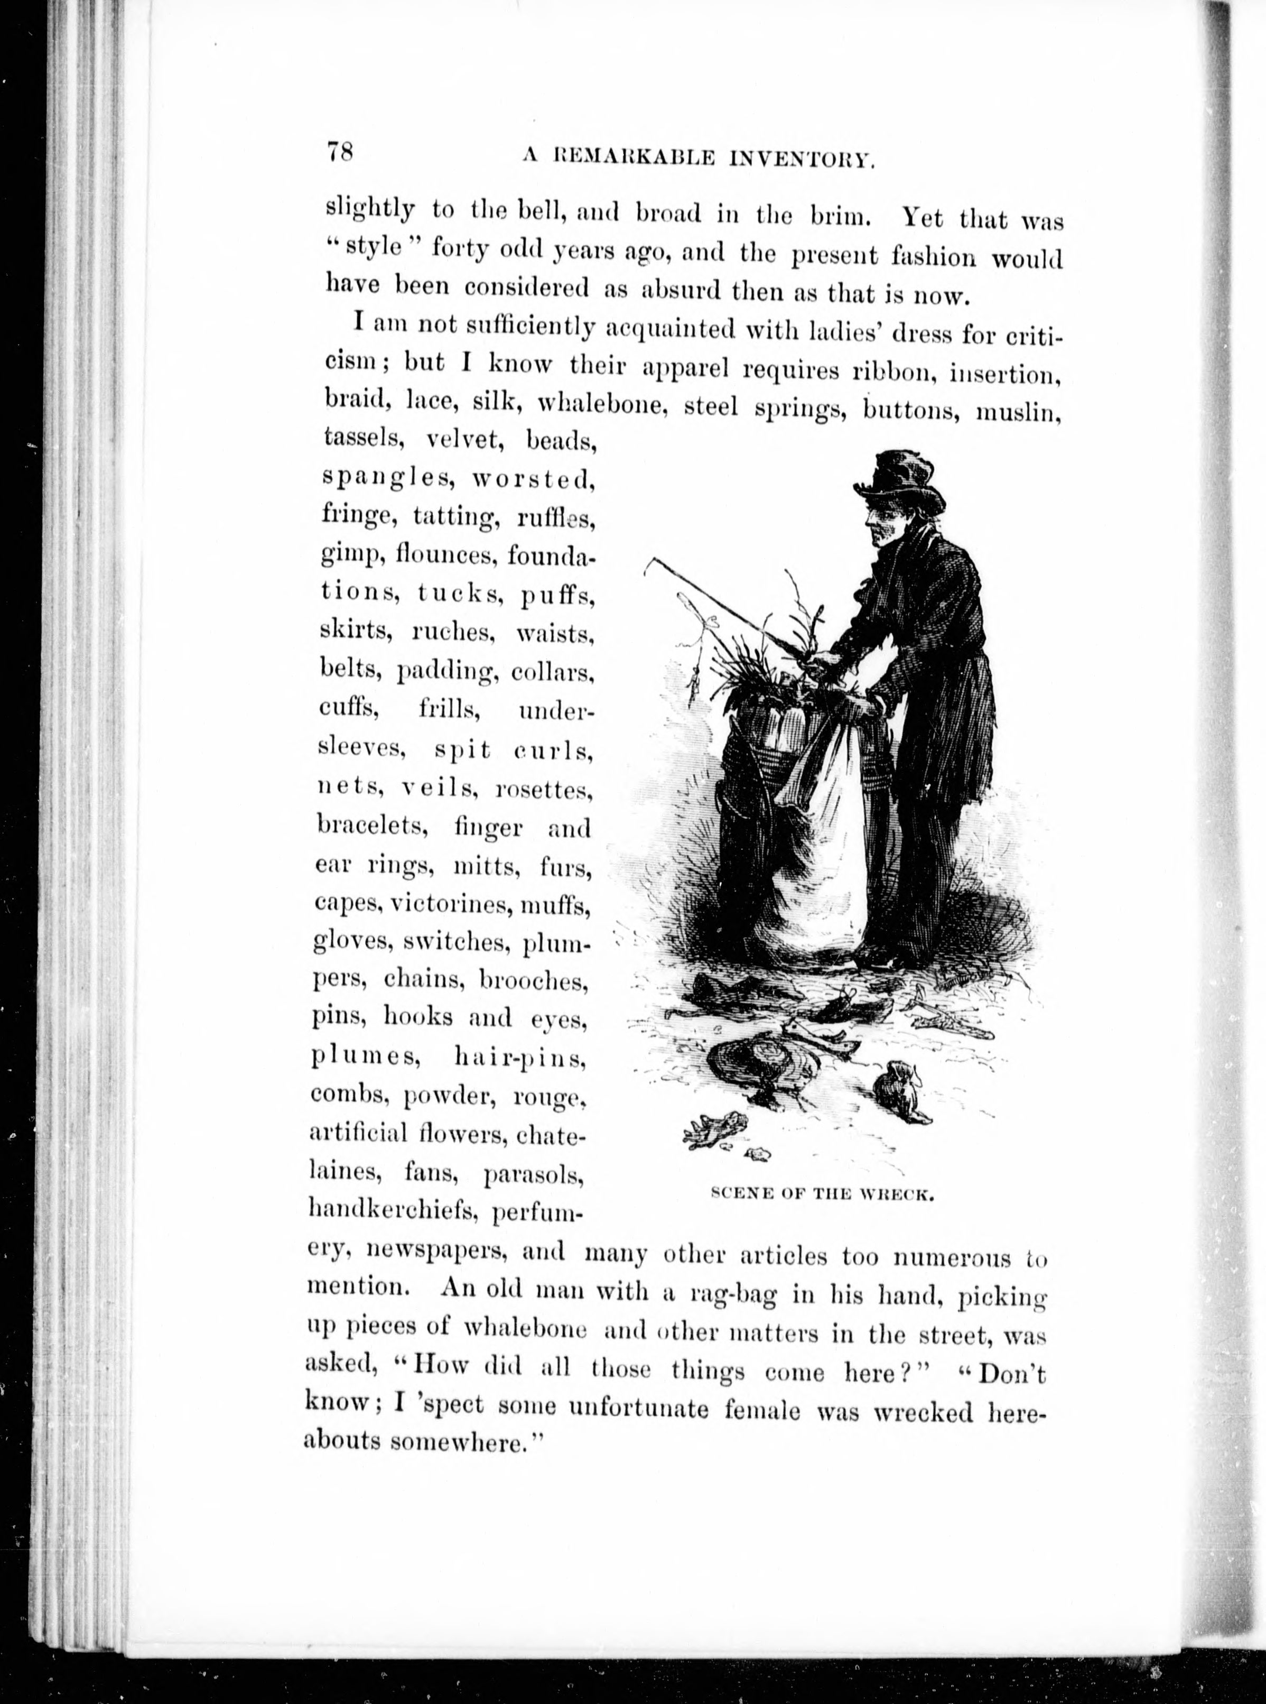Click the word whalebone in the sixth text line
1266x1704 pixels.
[599, 403]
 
